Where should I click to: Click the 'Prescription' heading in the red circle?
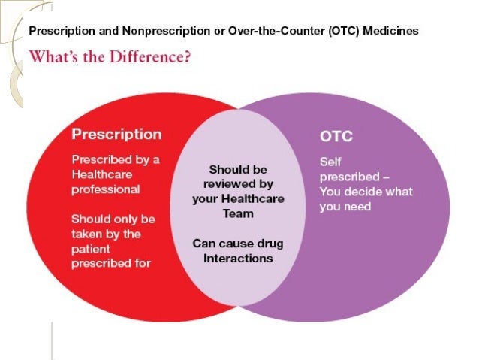(116, 135)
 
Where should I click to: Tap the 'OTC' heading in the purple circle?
(336, 138)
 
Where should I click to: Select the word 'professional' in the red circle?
(105, 189)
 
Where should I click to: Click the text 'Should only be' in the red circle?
(113, 219)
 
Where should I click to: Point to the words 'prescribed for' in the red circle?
(111, 263)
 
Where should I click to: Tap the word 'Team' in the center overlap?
(238, 213)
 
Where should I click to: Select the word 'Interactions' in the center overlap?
(238, 258)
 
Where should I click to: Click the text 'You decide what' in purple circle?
(366, 191)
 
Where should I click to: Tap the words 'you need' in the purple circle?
(345, 206)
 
